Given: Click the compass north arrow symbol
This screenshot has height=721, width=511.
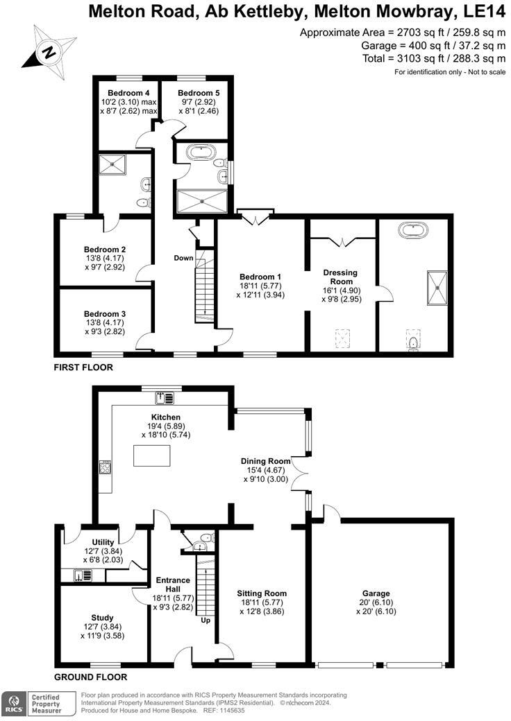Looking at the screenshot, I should click(x=47, y=50).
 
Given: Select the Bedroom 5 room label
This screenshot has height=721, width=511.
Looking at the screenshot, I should click(x=194, y=93).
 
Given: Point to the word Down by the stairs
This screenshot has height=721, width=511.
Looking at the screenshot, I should click(x=183, y=258).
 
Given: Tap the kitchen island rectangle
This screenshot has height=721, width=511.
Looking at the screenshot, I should click(x=151, y=456).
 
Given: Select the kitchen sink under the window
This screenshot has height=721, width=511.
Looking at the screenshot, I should click(x=164, y=397).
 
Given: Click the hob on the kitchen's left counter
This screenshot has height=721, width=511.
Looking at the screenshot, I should click(x=106, y=467).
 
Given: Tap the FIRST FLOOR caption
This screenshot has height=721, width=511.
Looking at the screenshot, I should click(x=83, y=367).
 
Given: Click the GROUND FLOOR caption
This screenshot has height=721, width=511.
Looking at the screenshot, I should click(x=90, y=677).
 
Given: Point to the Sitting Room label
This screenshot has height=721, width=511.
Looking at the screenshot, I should click(x=261, y=593).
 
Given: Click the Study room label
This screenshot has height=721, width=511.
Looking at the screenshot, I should click(x=102, y=617).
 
